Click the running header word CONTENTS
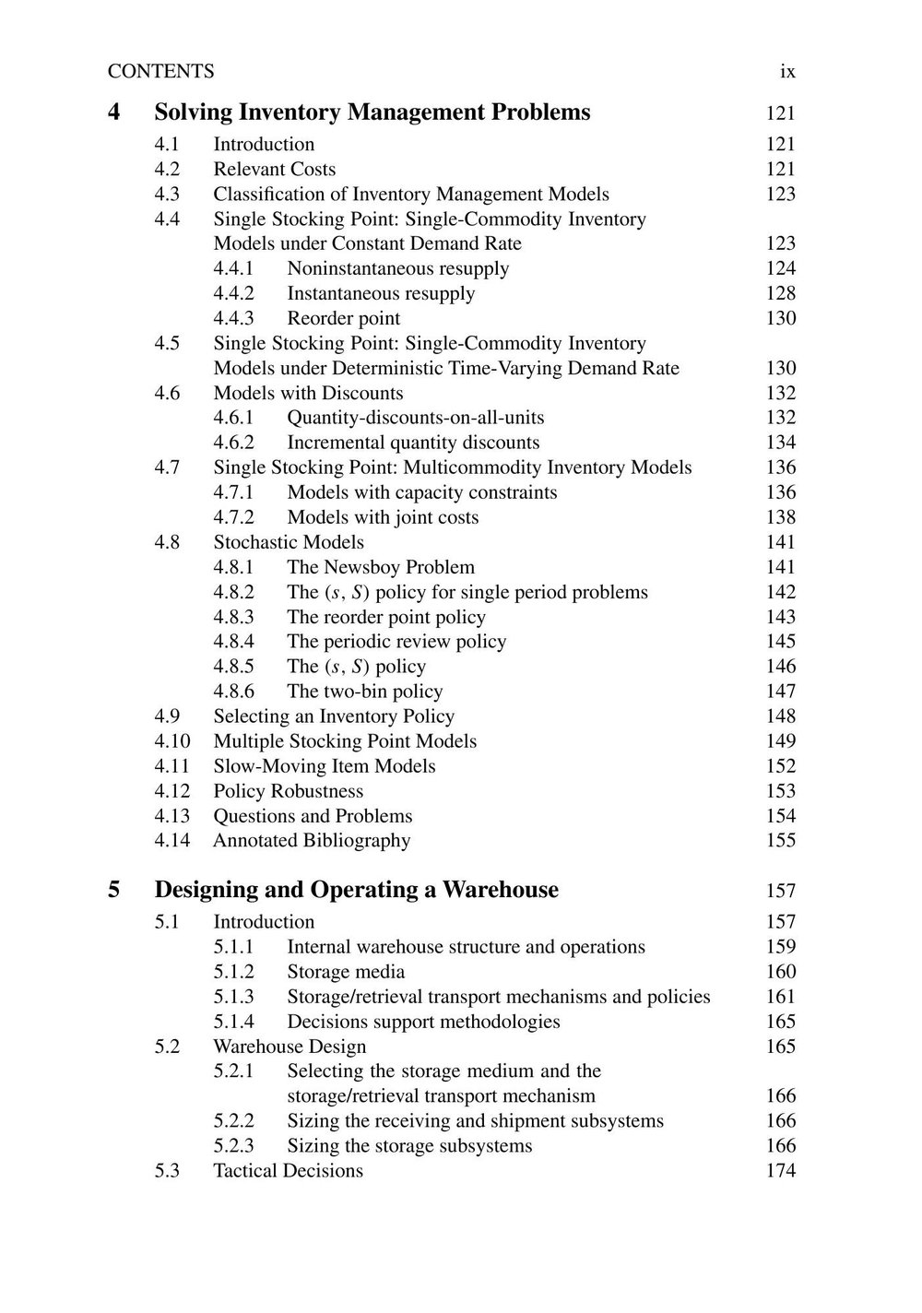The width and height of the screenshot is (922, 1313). (x=160, y=72)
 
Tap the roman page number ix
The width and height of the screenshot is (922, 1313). (x=787, y=72)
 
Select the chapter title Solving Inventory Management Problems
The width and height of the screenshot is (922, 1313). (x=372, y=112)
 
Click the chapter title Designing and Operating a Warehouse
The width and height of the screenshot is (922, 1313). (x=356, y=890)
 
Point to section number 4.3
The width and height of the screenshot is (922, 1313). (x=167, y=195)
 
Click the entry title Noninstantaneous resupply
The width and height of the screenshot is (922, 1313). (x=397, y=268)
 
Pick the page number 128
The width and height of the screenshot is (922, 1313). (x=780, y=293)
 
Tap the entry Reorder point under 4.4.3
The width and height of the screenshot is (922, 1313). (x=343, y=318)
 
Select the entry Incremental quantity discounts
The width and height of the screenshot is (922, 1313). (x=413, y=443)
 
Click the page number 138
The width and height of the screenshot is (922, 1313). (x=780, y=517)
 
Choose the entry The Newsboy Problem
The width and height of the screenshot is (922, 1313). (x=381, y=567)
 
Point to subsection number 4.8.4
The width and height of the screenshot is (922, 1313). (x=233, y=642)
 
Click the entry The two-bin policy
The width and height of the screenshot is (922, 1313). (x=364, y=692)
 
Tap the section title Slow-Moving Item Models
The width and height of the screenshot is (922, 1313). (x=324, y=766)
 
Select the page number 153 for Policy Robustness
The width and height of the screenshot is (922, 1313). (x=780, y=791)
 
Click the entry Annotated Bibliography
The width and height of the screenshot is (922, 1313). (x=312, y=841)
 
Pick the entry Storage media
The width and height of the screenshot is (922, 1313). (x=346, y=972)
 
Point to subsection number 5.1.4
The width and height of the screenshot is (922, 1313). (x=233, y=1022)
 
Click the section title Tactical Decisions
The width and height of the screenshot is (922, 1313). (x=288, y=1171)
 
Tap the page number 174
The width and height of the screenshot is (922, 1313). (x=780, y=1171)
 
